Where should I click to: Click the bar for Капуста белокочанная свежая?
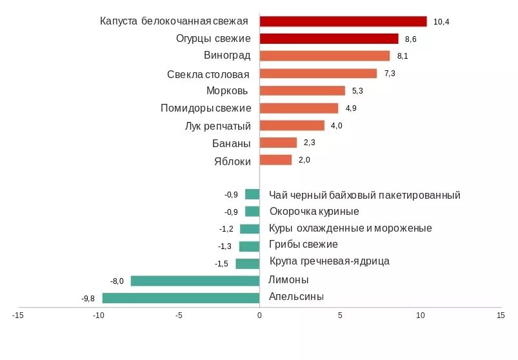(x=343, y=21)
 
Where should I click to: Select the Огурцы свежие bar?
(x=329, y=39)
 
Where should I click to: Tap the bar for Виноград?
(x=324, y=56)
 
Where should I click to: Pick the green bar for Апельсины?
(x=181, y=297)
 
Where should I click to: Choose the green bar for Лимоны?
(x=195, y=281)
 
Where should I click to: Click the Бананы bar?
(x=278, y=143)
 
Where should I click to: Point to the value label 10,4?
(x=441, y=22)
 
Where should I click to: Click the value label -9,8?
(x=88, y=298)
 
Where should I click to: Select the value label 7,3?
(x=390, y=74)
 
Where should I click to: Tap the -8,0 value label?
(x=117, y=281)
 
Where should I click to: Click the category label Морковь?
(x=228, y=90)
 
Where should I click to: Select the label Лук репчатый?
(x=217, y=125)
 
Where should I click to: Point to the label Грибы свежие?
(x=303, y=245)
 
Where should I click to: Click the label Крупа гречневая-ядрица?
(x=329, y=261)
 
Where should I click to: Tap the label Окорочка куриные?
(x=314, y=211)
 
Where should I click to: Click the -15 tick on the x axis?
(x=18, y=315)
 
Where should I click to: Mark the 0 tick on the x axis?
(x=259, y=315)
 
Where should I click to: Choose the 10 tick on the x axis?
(x=421, y=315)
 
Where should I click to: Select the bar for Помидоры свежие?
(x=299, y=108)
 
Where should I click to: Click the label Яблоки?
(x=232, y=161)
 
